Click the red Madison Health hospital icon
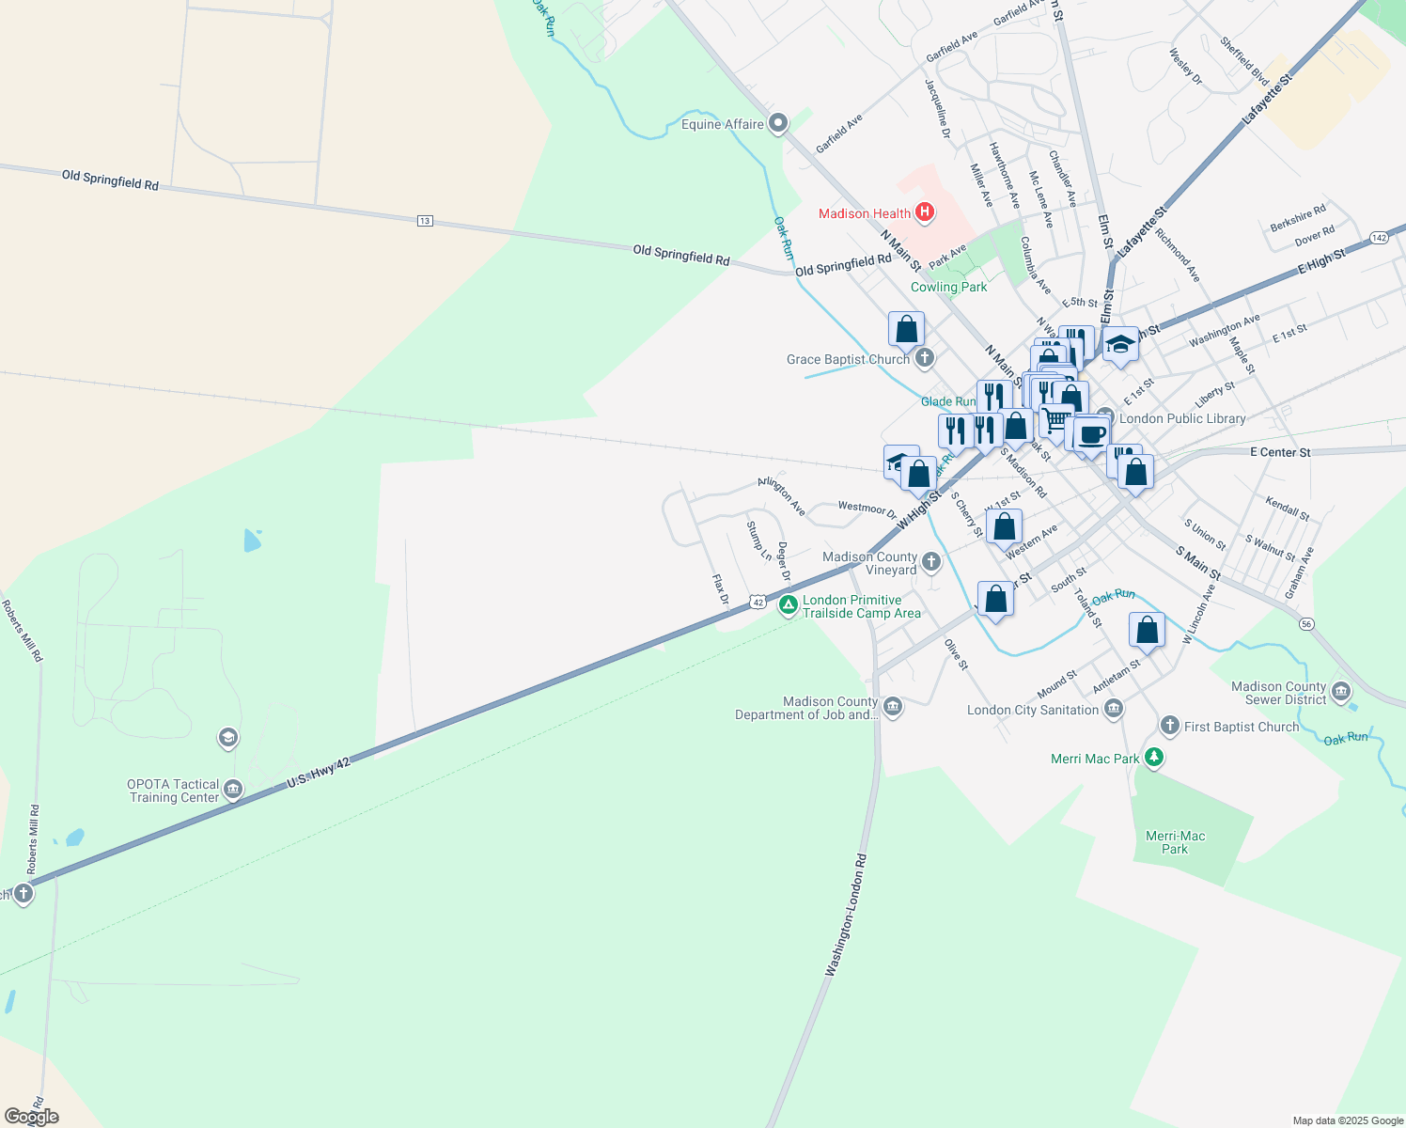point(925,212)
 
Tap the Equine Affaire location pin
point(777,123)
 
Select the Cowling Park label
point(948,287)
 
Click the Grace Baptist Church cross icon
point(925,357)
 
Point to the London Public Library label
point(1182,418)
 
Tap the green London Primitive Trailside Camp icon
point(789,605)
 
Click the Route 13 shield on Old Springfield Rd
point(425,221)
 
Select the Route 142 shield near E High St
point(1379,238)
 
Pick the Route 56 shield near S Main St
point(1306,624)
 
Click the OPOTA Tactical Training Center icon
point(233,790)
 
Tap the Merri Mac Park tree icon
point(1154,757)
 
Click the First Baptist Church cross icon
point(1169,725)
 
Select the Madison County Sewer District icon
point(1341,693)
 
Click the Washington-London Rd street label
point(845,916)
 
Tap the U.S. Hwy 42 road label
point(319,773)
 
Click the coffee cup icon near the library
point(1091,435)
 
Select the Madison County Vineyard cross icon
point(931,562)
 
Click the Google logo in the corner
point(31,1117)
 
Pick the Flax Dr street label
point(720,589)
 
